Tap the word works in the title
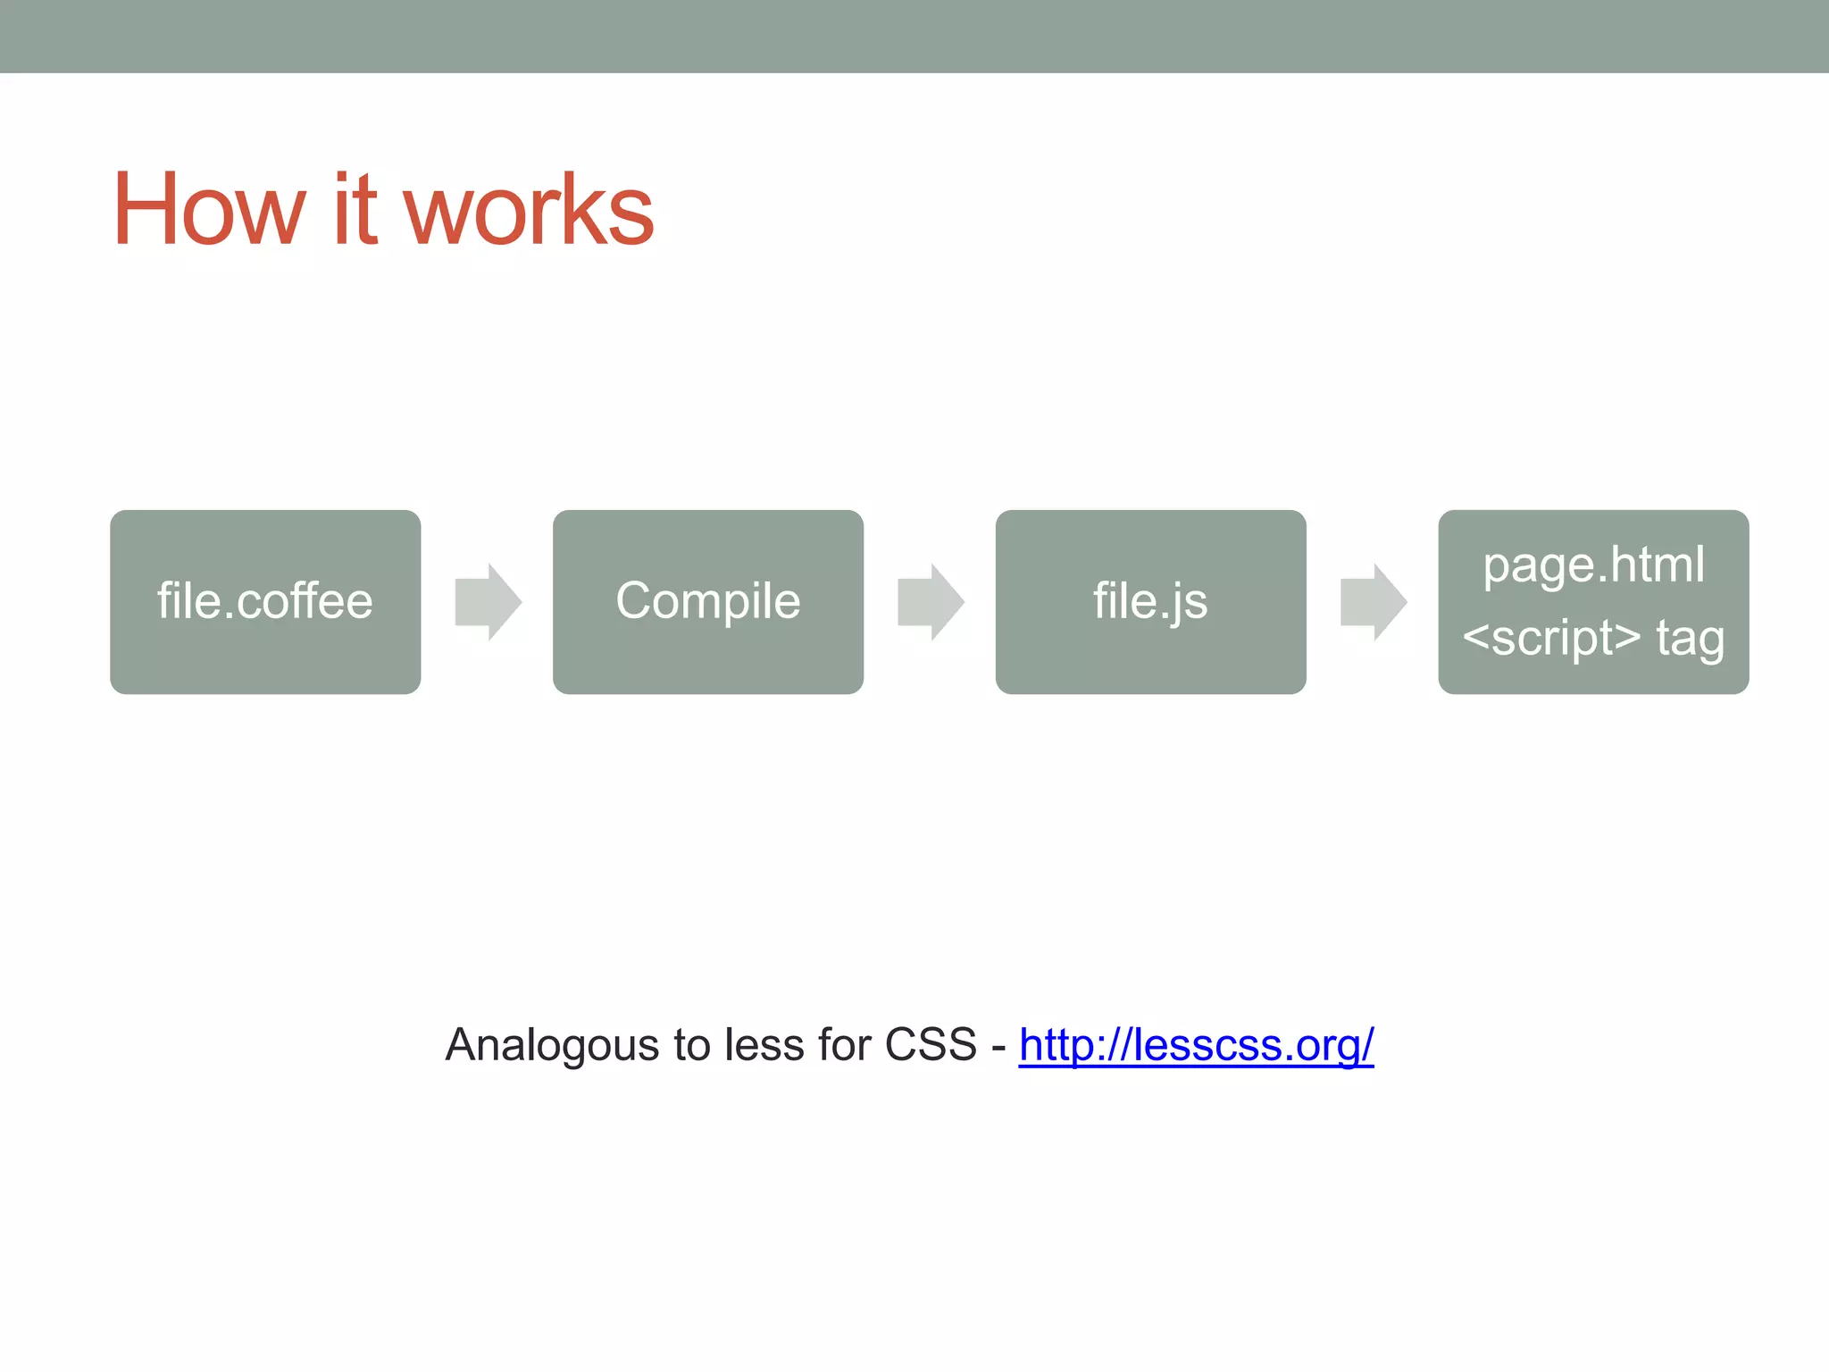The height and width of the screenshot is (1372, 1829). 529,210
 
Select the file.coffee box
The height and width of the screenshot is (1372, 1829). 265,601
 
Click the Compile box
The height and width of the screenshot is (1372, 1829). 707,601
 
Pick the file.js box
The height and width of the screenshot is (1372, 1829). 1150,601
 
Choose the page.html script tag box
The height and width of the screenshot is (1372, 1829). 1593,601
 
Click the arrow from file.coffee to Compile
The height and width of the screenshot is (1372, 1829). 488,601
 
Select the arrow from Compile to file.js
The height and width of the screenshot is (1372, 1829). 931,601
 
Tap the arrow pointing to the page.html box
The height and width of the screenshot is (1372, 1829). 1374,601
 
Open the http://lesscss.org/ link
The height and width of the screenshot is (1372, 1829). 1196,1044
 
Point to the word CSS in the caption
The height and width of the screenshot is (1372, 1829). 931,1044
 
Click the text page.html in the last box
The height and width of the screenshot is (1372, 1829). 1593,565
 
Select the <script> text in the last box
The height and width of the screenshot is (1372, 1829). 1551,638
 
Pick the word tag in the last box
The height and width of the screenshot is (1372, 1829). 1690,640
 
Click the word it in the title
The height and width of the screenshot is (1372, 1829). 355,210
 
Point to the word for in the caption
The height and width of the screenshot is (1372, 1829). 844,1044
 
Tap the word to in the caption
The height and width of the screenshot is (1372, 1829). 692,1044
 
